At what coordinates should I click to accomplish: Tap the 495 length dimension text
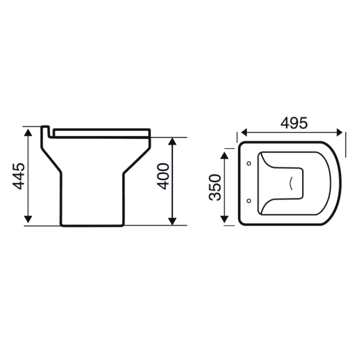[293, 123]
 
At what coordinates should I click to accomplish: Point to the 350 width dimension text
[215, 187]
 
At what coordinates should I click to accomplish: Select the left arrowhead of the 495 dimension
[243, 132]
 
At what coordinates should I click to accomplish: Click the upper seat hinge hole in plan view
[248, 163]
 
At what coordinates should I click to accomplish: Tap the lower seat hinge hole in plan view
[248, 200]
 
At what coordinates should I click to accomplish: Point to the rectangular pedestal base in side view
[92, 200]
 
